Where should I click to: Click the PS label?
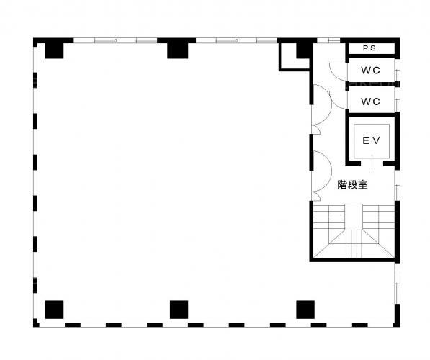(369, 48)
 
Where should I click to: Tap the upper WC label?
(370, 71)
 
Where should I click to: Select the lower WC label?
(370, 102)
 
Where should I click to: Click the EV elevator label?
(372, 140)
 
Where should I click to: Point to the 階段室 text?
(352, 184)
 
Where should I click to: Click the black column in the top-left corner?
(54, 50)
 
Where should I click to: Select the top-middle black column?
(178, 50)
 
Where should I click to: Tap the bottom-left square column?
(54, 310)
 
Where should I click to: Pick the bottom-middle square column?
(179, 310)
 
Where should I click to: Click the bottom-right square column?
(305, 310)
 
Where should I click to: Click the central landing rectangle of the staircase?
(354, 217)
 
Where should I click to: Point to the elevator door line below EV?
(372, 163)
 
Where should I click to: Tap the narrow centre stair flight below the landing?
(354, 244)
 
